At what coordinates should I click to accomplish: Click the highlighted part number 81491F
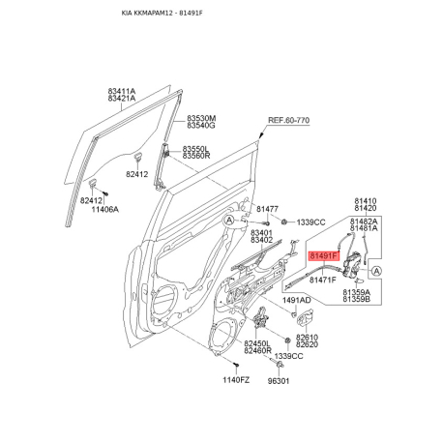(x=324, y=256)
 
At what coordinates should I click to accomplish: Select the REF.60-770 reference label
(x=288, y=120)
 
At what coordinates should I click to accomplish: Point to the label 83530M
(x=201, y=118)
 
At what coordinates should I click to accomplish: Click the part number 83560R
(x=196, y=156)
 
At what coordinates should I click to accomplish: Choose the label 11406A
(x=105, y=210)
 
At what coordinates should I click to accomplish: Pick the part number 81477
(x=267, y=209)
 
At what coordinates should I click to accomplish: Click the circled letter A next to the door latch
(x=376, y=271)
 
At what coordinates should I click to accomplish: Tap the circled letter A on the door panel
(x=229, y=221)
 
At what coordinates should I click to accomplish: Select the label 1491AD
(x=297, y=301)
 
